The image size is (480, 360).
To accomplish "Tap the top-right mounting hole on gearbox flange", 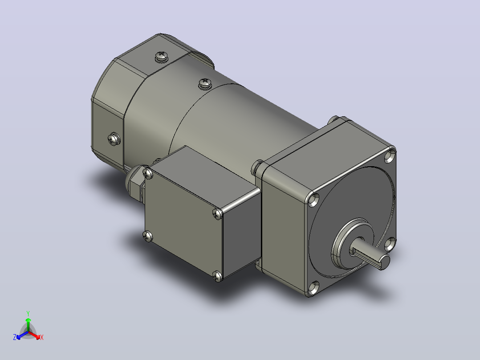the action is (390, 156).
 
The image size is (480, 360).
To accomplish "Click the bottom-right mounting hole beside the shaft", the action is (389, 244).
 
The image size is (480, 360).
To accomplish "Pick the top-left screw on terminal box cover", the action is (148, 173).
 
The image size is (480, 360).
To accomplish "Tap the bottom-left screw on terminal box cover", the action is (147, 236).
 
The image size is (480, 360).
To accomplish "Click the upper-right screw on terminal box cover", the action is (217, 213).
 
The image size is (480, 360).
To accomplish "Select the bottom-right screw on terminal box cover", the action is (217, 276).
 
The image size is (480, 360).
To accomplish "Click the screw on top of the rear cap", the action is (162, 56).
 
